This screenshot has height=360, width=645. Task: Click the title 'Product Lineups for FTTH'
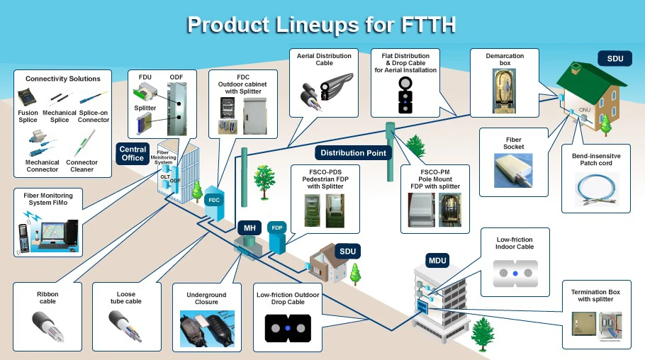pyautogui.click(x=321, y=24)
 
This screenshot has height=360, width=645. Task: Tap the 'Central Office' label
pyautogui.click(x=133, y=154)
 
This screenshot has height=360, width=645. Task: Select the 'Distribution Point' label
pyautogui.click(x=353, y=152)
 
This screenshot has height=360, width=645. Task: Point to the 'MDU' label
pyautogui.click(x=437, y=261)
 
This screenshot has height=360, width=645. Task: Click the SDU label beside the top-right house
pyautogui.click(x=615, y=58)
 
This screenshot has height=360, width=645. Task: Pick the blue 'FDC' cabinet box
pyautogui.click(x=214, y=201)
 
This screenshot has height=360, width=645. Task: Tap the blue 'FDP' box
pyautogui.click(x=278, y=228)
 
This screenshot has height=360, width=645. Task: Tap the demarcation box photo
pyautogui.click(x=505, y=90)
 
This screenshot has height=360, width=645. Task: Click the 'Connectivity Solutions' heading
pyautogui.click(x=63, y=79)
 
